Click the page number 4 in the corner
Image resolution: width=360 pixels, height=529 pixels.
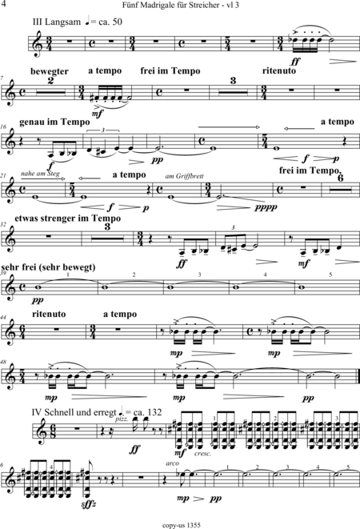4,4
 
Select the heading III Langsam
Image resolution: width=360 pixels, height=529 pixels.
57,22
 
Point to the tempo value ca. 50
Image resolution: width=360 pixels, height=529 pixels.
110,22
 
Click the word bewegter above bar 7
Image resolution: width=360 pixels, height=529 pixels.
50,71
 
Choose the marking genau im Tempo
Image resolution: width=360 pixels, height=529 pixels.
54,122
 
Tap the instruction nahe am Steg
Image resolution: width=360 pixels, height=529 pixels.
40,174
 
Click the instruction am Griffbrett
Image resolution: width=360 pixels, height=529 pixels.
185,176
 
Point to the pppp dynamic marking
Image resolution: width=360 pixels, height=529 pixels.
266,206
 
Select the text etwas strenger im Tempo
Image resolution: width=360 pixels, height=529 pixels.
67,218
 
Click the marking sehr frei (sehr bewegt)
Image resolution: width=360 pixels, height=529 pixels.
48,267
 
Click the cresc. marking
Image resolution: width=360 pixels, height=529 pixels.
202,454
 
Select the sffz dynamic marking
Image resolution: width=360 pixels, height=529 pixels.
90,505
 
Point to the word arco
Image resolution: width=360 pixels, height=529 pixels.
172,463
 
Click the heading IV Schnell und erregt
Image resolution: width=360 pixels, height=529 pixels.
74,413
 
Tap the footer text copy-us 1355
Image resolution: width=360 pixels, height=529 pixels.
182,525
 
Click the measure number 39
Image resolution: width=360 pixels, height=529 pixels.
4,273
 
